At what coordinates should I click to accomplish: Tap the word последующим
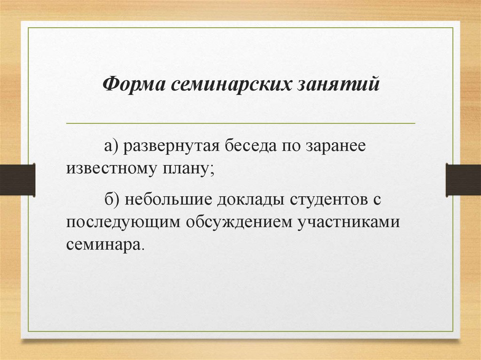click(x=124, y=222)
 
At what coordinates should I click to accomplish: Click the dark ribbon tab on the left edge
click(x=17, y=179)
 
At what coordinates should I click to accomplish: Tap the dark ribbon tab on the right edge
click(x=463, y=179)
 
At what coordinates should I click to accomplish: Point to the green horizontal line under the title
click(x=240, y=123)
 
